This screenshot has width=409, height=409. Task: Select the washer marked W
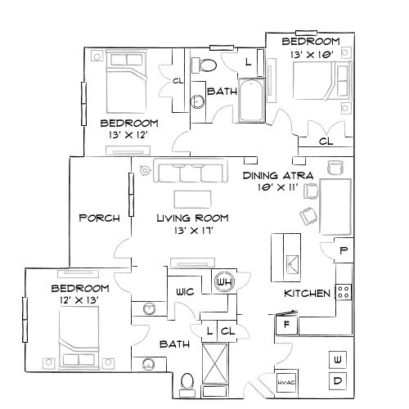click(338, 358)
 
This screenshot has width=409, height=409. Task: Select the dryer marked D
click(338, 381)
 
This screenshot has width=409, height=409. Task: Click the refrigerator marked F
click(286, 325)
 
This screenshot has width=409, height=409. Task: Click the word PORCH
click(100, 218)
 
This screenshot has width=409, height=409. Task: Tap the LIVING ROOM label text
click(192, 218)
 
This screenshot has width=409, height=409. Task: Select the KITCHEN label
click(307, 294)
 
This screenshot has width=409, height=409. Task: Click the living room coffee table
click(193, 199)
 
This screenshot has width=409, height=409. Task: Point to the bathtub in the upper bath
click(252, 102)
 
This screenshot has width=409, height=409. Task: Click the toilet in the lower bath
click(187, 380)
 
